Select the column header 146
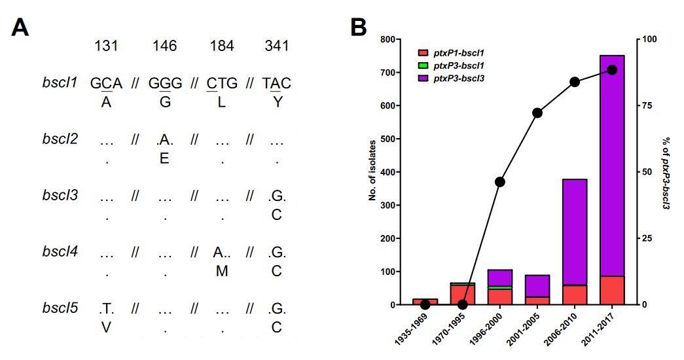click(165, 46)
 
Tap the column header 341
click(277, 46)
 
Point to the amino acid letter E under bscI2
click(165, 158)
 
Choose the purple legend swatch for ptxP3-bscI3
click(423, 78)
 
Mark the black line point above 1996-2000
click(500, 181)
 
